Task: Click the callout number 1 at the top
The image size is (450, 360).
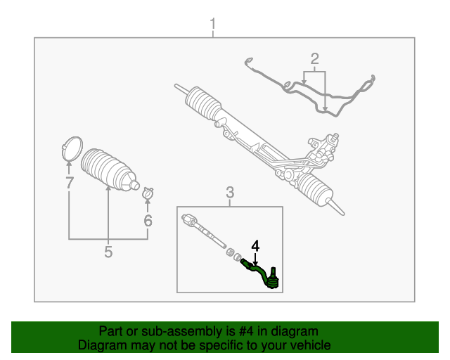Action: tap(214, 27)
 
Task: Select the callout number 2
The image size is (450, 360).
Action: tap(314, 58)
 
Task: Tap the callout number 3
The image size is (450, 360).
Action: tap(229, 192)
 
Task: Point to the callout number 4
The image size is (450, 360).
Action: tap(255, 246)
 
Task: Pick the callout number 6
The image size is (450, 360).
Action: tap(148, 220)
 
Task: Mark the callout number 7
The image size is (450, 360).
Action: tap(69, 184)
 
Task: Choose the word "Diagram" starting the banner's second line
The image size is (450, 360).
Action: tap(101, 345)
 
